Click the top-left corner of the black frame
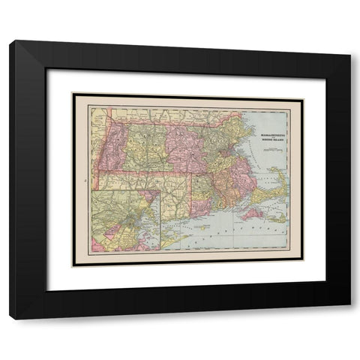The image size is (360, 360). (10, 43)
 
